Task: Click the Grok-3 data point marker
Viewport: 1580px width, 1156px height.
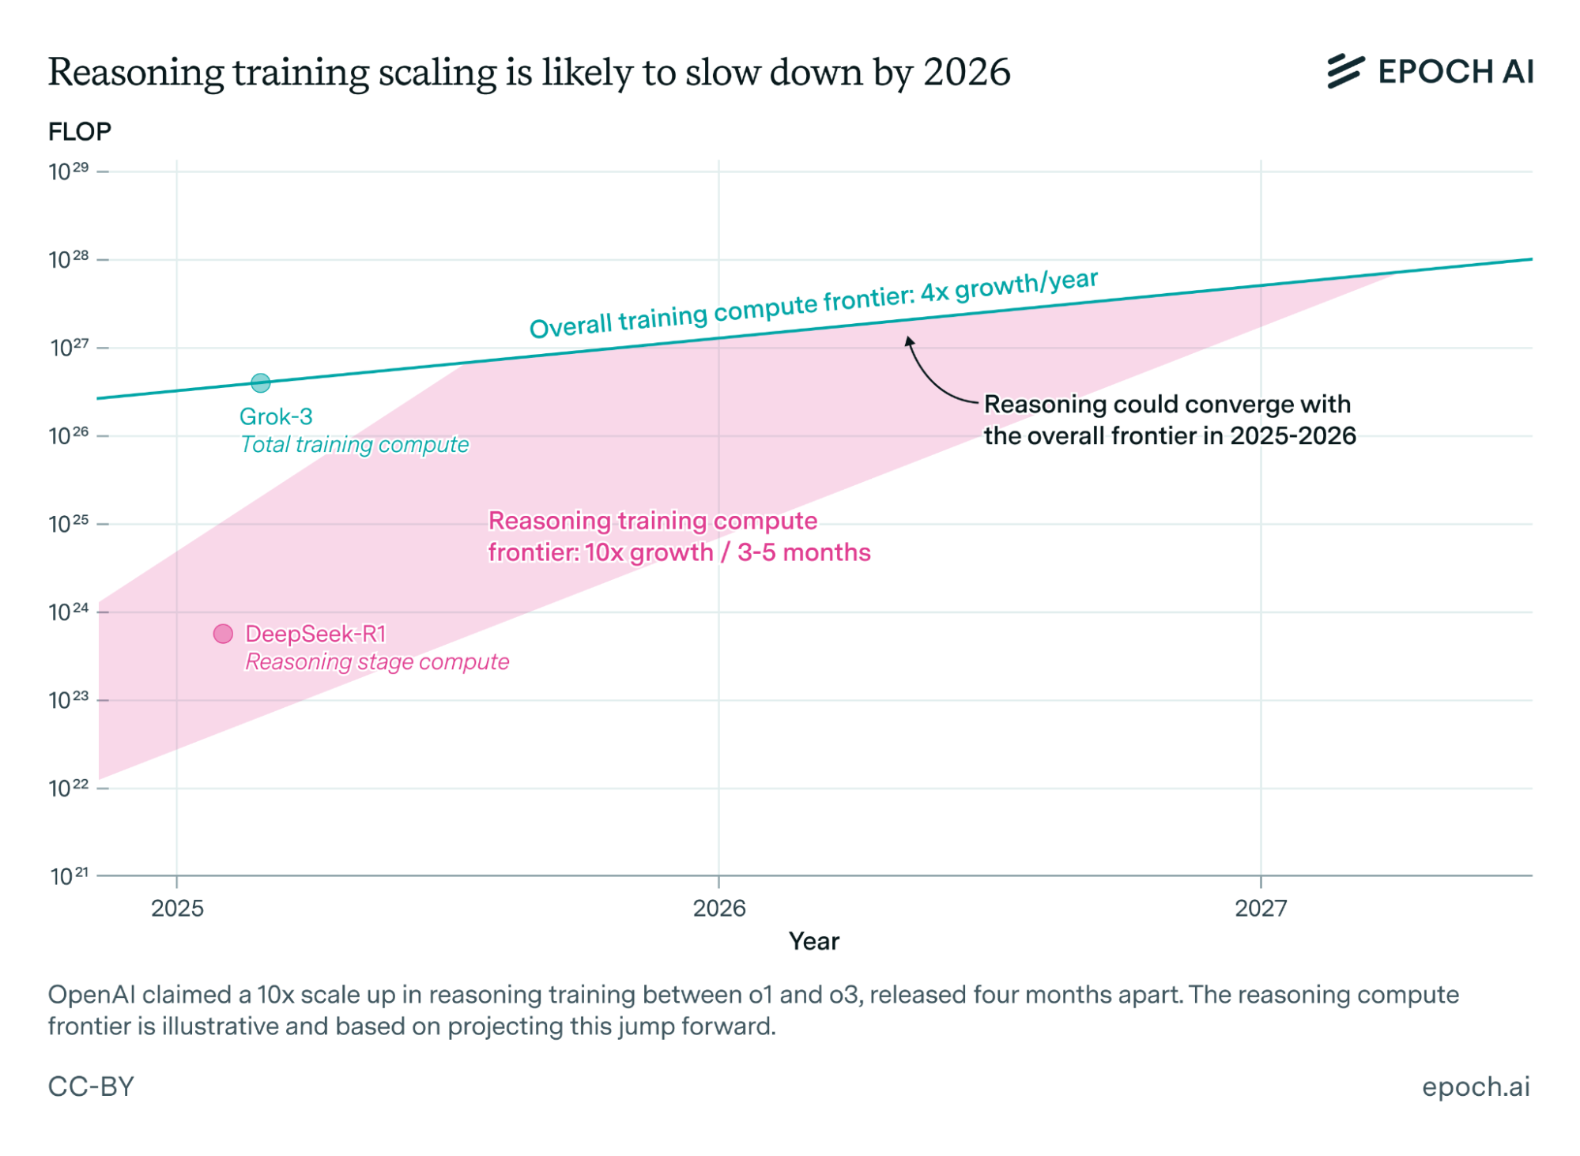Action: [261, 383]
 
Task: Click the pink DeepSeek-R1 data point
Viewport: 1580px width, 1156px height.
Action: [223, 634]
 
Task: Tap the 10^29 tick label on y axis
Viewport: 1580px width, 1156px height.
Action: [69, 171]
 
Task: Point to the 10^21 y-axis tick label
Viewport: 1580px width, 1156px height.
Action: [70, 876]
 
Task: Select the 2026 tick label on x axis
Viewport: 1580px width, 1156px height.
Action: [719, 909]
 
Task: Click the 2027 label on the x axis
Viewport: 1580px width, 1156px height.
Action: [1261, 909]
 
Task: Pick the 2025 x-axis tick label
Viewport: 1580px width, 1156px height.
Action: [177, 909]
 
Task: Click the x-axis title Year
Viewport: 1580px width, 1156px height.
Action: [814, 941]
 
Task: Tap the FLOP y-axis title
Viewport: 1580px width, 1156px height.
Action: [80, 131]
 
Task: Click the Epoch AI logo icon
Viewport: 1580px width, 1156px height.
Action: [1344, 71]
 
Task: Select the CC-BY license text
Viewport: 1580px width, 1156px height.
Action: [91, 1086]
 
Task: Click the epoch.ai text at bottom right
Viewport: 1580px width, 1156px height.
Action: [1475, 1086]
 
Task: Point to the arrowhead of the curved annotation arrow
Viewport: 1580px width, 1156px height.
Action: [909, 341]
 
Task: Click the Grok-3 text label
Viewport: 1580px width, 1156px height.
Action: [276, 416]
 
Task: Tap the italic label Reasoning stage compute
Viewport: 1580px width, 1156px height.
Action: [377, 662]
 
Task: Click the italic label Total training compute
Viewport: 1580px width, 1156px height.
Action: [354, 445]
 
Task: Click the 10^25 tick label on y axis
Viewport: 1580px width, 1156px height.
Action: [69, 524]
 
